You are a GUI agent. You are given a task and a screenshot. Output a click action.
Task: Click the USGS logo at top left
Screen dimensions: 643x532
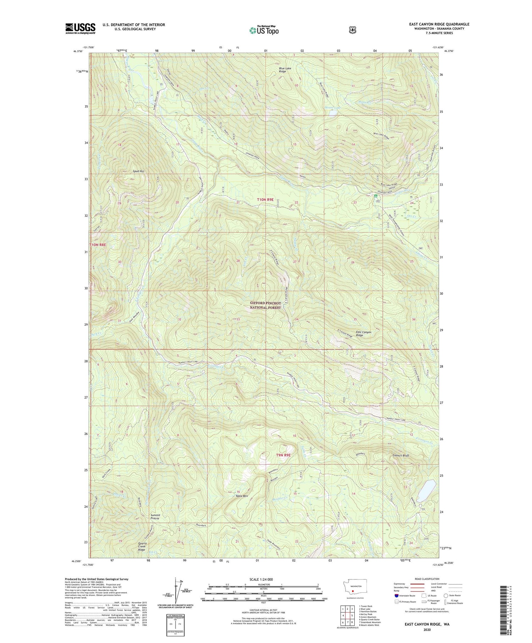[80, 28]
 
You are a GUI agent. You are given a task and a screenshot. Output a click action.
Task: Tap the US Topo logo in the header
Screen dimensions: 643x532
[264, 30]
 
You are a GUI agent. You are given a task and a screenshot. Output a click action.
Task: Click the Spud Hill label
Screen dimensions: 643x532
[138, 171]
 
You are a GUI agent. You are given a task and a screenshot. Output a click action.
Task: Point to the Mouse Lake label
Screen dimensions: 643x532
[332, 107]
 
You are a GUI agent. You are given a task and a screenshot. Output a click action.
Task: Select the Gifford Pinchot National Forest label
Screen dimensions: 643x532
[265, 305]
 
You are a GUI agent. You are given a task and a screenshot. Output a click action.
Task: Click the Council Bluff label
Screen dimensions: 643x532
[401, 455]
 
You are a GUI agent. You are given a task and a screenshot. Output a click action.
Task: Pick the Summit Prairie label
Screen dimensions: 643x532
[155, 516]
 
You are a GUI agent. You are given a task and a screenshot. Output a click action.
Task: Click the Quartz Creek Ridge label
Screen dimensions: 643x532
[144, 547]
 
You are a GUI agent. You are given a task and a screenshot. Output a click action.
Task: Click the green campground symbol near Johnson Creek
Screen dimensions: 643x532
[376, 196]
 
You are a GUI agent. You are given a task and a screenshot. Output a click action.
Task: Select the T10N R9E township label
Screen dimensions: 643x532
[265, 200]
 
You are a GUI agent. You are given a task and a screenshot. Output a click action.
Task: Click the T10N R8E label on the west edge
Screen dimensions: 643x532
[98, 245]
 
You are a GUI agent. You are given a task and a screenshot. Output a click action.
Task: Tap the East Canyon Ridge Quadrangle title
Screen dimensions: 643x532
[439, 24]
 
